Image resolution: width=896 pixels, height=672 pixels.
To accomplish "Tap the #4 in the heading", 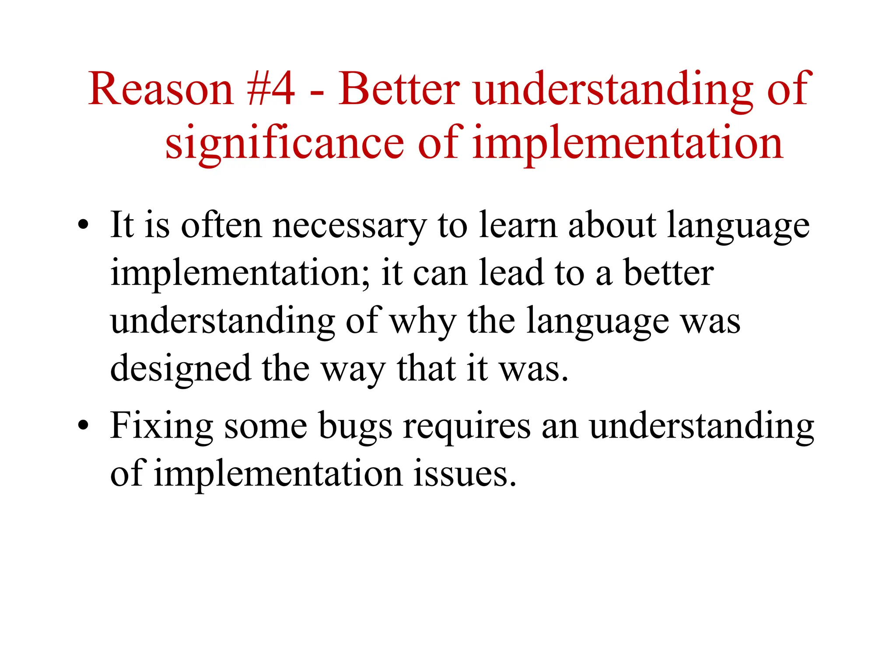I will (271, 90).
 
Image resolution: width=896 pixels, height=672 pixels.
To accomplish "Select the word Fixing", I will (161, 427).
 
